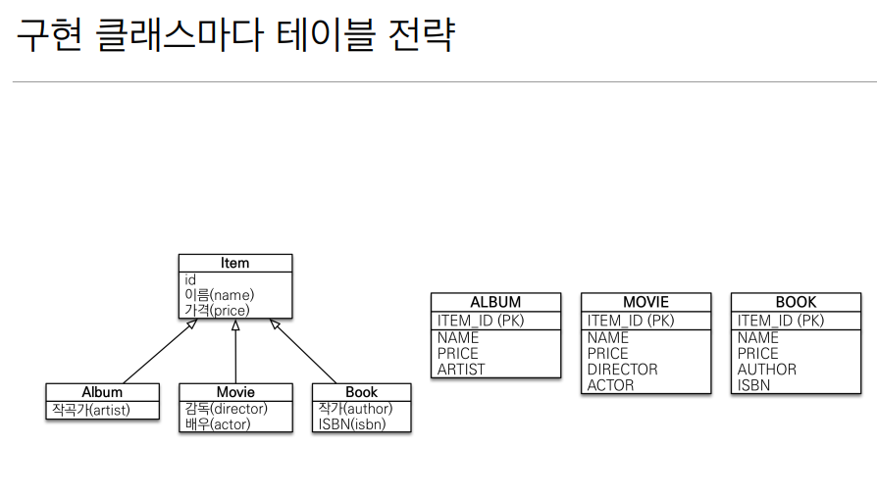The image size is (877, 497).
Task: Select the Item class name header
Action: [x=235, y=263]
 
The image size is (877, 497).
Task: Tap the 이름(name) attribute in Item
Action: [x=220, y=295]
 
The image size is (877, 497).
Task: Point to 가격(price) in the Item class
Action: [x=217, y=310]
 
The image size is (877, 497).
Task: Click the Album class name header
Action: [x=102, y=392]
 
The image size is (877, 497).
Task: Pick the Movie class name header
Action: [x=235, y=392]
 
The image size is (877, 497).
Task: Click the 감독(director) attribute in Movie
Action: [x=226, y=409]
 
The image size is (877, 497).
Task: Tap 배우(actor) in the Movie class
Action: [x=218, y=423]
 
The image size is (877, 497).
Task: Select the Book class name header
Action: [x=361, y=392]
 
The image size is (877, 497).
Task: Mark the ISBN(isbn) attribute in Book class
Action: [x=351, y=423]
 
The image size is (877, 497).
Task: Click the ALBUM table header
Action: [x=495, y=302]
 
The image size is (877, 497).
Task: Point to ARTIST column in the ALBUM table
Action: [x=461, y=369]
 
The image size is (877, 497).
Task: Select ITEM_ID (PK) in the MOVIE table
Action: [x=631, y=320]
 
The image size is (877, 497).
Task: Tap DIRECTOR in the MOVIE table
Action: [x=622, y=369]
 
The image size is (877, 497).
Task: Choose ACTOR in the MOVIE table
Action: [x=610, y=384]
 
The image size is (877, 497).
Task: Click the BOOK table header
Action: [x=796, y=302]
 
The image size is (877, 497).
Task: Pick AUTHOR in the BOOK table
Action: [x=766, y=369]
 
